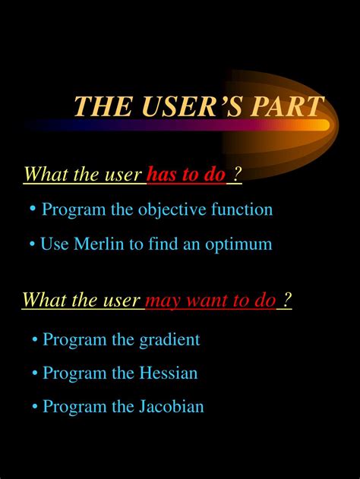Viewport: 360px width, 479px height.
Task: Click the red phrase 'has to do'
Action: (x=186, y=175)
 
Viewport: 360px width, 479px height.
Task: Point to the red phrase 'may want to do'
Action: (x=210, y=301)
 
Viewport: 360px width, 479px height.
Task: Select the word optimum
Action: (x=238, y=244)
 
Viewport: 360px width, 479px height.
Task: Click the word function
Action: (x=242, y=209)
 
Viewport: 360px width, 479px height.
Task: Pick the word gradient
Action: (x=169, y=339)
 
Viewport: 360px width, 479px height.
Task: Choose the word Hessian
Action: (x=168, y=373)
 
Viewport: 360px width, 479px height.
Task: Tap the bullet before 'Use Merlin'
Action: (x=33, y=244)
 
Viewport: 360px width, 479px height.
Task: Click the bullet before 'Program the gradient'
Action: (x=35, y=340)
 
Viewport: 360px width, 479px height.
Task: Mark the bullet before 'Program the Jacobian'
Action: (x=35, y=407)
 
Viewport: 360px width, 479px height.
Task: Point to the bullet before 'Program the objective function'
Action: (x=34, y=210)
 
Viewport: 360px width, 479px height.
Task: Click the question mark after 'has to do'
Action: (x=238, y=175)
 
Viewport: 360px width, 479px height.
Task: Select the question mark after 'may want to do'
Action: (x=287, y=301)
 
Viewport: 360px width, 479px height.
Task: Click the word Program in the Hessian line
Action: (x=74, y=373)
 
